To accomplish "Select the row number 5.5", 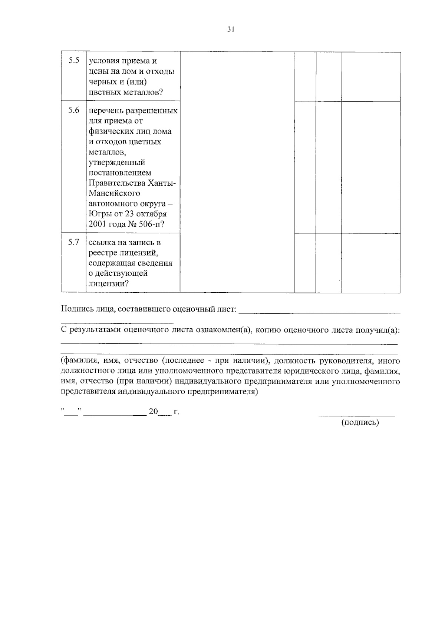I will pyautogui.click(x=74, y=60).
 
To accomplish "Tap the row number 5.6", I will pyautogui.click(x=74, y=110).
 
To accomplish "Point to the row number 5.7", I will pyautogui.click(x=74, y=242).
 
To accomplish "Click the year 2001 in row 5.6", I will pyautogui.click(x=98, y=224).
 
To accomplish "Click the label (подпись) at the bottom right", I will pyautogui.click(x=360, y=422).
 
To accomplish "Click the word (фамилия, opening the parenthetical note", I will pyautogui.click(x=78, y=360).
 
